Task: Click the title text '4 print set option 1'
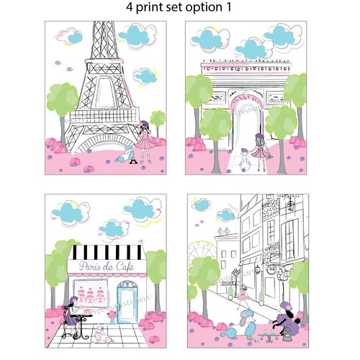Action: (180, 9)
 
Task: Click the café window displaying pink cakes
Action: (96, 295)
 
